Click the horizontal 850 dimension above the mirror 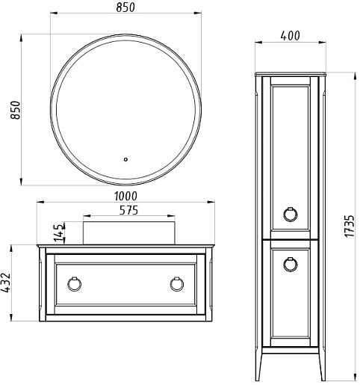125,7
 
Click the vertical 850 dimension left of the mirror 15,110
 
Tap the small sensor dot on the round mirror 125,159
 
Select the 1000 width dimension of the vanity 125,196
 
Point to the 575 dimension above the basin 128,210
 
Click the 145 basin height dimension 59,232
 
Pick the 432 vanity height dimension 6,283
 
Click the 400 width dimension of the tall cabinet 291,36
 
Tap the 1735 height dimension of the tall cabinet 350,226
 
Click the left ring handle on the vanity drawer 74,284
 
